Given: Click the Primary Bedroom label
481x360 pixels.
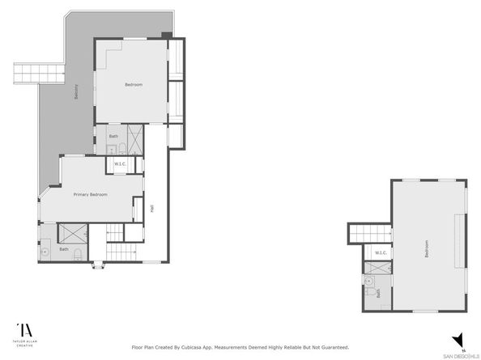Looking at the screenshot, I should [91, 195].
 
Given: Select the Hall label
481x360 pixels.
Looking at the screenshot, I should [152, 208].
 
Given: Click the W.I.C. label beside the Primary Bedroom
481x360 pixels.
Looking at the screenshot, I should [119, 164].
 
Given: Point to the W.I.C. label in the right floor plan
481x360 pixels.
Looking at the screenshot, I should [380, 253].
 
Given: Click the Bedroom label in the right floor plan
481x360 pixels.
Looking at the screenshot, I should [426, 248].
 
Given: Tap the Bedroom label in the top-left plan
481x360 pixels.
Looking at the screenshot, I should [134, 85].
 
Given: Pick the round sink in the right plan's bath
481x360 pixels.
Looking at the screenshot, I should [369, 282].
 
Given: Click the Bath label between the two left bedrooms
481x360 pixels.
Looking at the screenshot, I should [113, 136].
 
